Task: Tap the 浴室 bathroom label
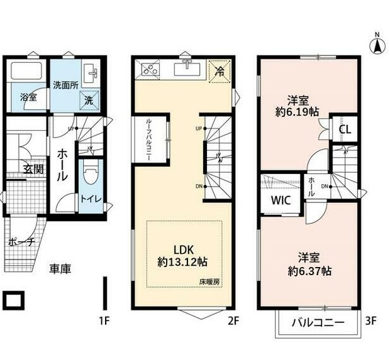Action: pyautogui.click(x=28, y=97)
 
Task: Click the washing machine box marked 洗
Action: pyautogui.click(x=89, y=100)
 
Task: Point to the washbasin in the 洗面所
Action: pyautogui.click(x=91, y=73)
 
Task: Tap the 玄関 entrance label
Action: pyautogui.click(x=33, y=169)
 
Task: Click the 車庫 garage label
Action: pyautogui.click(x=60, y=268)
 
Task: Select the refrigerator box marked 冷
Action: pyautogui.click(x=220, y=72)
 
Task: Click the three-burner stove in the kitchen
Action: pyautogui.click(x=150, y=68)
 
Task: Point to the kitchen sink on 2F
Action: pyautogui.click(x=187, y=69)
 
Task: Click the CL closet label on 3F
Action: pyautogui.click(x=345, y=129)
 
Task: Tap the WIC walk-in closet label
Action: pyautogui.click(x=281, y=200)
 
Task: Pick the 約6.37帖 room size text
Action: pyautogui.click(x=309, y=271)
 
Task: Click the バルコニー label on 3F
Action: pyautogui.click(x=318, y=323)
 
